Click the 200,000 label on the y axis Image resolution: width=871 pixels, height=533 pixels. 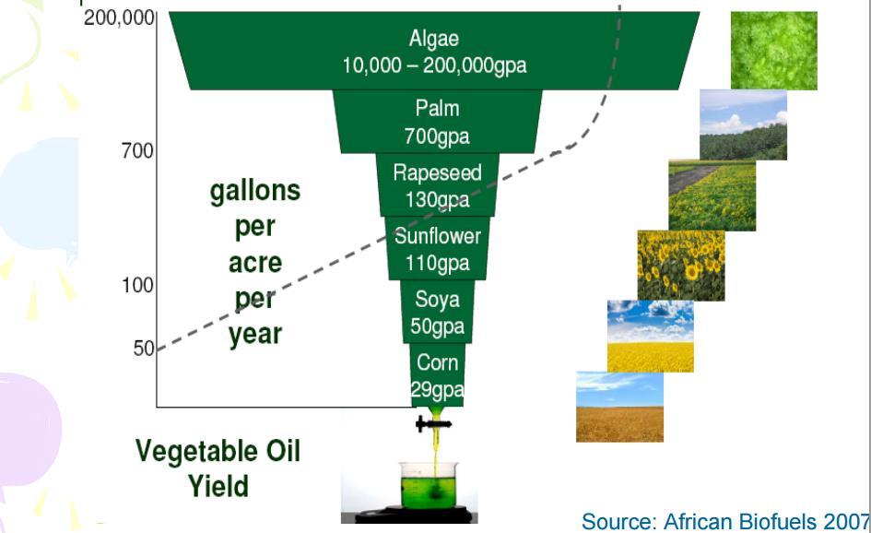[119, 18]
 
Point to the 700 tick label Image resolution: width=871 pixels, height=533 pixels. [137, 150]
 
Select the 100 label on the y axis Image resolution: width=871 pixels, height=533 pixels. [137, 285]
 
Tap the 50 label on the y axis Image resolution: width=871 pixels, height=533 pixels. [144, 349]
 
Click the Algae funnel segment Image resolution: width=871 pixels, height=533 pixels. [434, 51]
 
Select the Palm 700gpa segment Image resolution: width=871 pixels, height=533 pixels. [437, 122]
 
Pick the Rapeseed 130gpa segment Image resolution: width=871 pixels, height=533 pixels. [437, 185]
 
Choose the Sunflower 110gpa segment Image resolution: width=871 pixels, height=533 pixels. [437, 248]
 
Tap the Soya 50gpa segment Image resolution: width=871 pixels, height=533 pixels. [437, 312]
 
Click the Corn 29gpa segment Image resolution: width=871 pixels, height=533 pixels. [437, 375]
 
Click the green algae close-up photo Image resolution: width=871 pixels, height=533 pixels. [774, 51]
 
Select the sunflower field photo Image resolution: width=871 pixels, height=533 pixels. [681, 266]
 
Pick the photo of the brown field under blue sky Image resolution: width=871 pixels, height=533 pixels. [620, 407]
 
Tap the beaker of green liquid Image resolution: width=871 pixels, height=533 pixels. [429, 485]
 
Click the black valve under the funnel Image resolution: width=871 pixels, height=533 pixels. [434, 424]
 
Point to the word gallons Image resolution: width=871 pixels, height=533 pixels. [255, 192]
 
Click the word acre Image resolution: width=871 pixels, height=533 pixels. [255, 262]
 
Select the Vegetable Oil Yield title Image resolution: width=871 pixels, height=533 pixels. [218, 468]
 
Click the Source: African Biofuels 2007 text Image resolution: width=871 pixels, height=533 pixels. [725, 522]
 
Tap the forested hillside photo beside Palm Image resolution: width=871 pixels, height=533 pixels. [743, 125]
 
